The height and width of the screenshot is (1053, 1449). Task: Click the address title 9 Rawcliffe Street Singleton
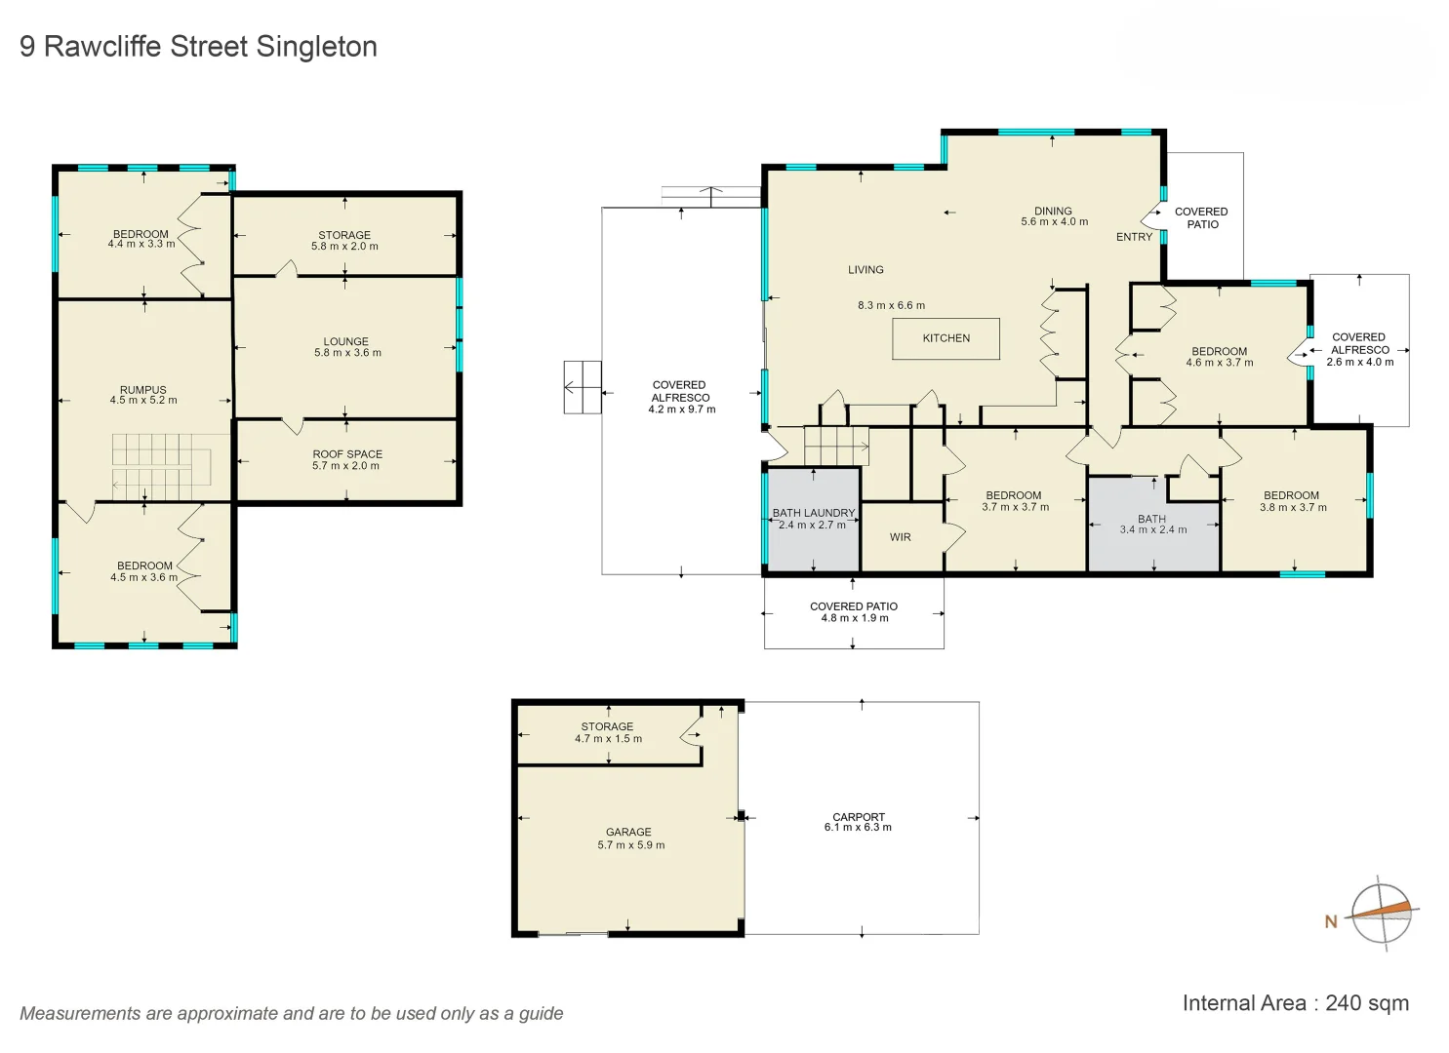coord(198,47)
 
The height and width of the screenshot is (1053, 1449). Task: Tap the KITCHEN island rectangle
coord(946,338)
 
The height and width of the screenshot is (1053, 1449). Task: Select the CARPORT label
coord(858,817)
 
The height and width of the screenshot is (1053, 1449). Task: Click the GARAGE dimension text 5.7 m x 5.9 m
coord(630,845)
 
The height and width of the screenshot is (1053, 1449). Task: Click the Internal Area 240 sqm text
coord(1295,1003)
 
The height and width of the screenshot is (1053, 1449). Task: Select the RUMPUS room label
coord(143,390)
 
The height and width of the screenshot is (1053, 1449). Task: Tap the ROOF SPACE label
coord(347,454)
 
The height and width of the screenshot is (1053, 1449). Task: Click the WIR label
coord(900,537)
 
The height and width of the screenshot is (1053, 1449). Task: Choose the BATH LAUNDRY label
coord(813,513)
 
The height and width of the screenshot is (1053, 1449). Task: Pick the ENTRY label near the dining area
coord(1134,237)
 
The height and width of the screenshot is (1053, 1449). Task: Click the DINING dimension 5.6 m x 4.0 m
coord(1054,222)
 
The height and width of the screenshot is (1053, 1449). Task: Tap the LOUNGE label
coord(346,342)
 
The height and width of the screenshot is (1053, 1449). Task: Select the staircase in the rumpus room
coord(161,466)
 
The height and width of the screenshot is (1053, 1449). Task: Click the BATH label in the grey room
coord(1151,519)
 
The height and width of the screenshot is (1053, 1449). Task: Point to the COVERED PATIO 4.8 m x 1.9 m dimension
coord(854,618)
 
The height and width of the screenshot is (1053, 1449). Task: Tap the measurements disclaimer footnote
coord(292,1013)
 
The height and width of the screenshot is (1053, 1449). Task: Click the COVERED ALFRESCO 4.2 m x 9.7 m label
coord(681,398)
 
